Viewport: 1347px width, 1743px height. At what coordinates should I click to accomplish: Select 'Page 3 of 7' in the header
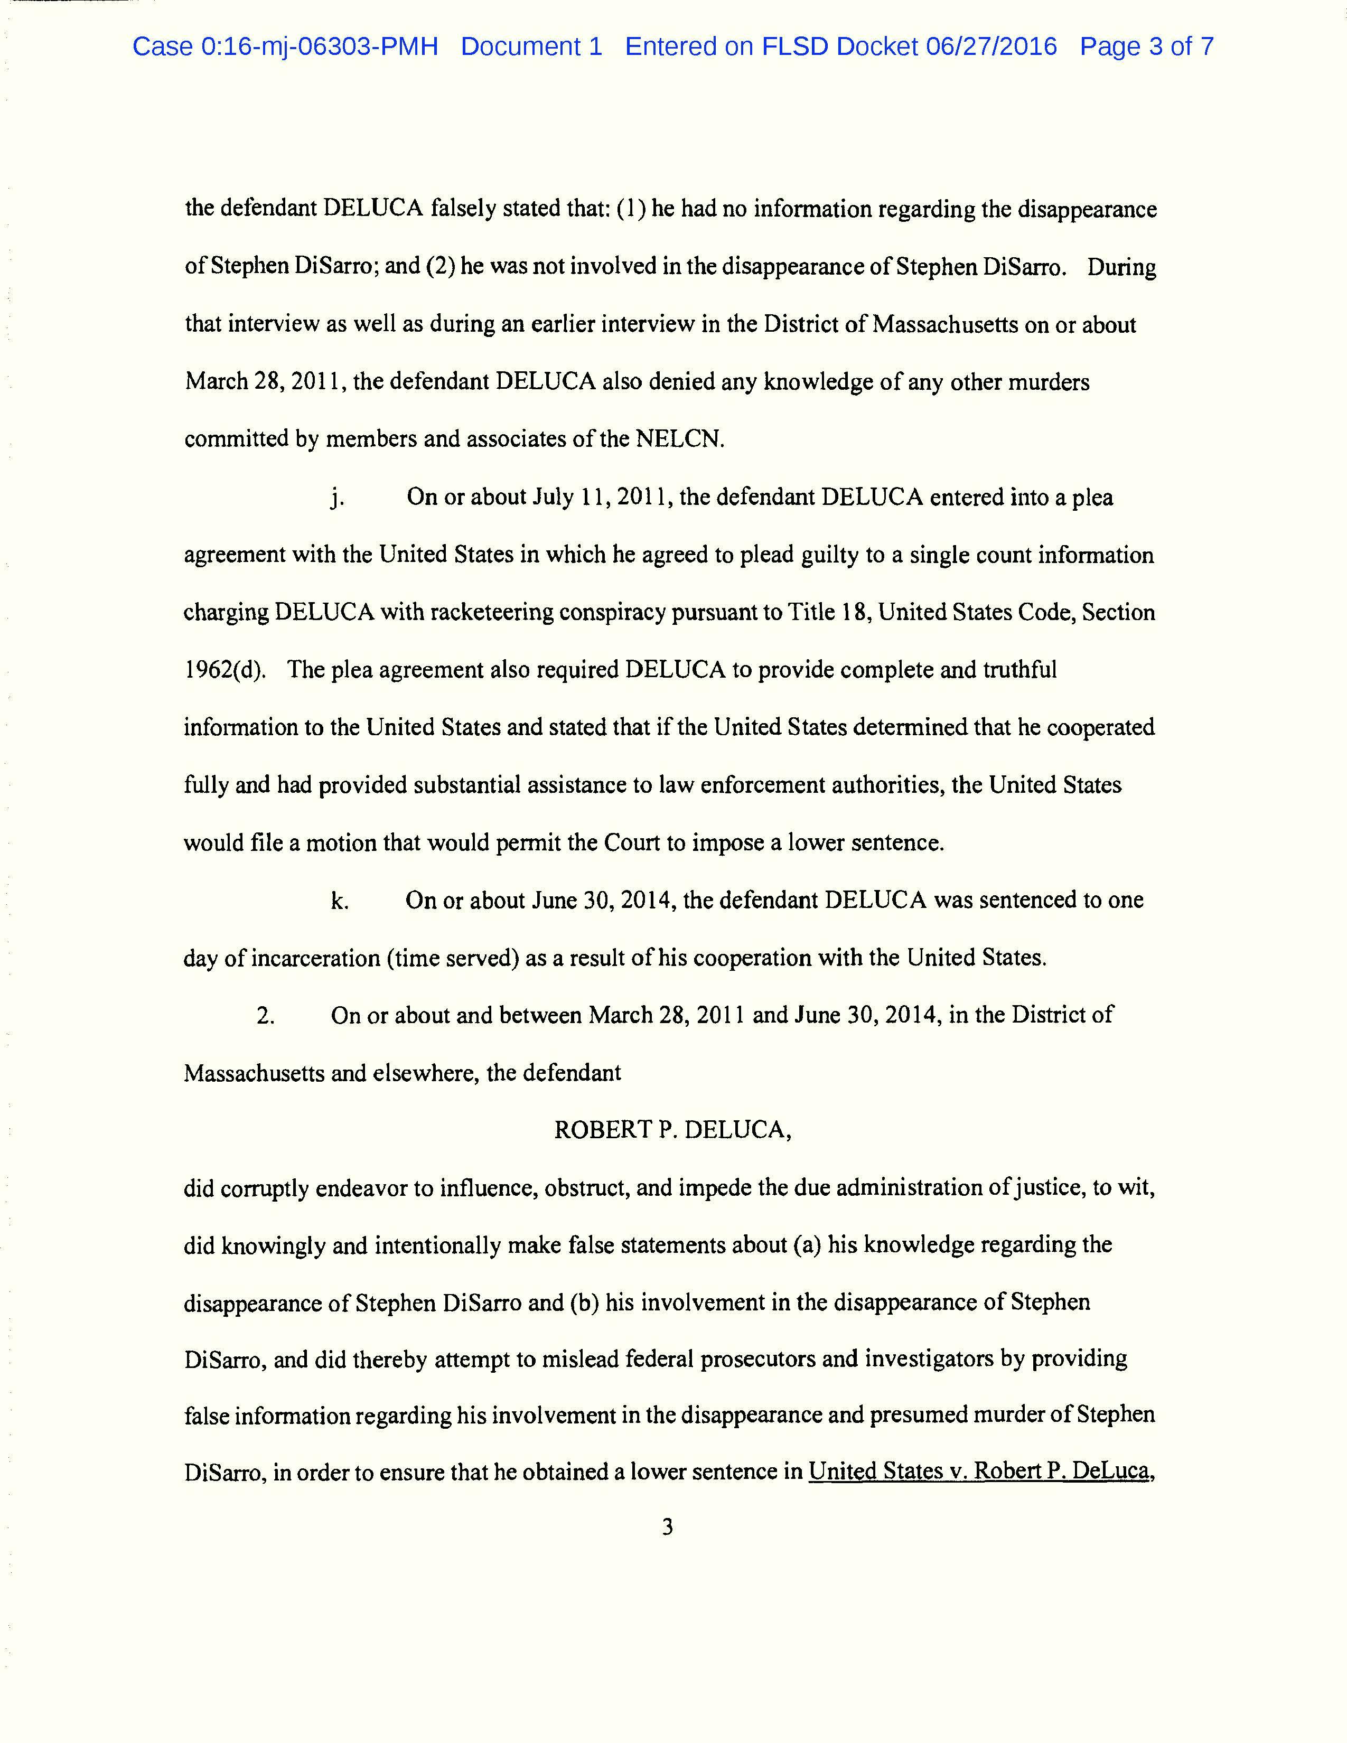[x=1147, y=46]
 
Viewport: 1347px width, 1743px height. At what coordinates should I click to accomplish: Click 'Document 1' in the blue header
[x=531, y=46]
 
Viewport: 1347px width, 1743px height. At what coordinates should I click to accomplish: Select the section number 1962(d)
[x=224, y=670]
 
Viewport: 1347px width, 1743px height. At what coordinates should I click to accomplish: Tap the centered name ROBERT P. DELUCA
[x=672, y=1130]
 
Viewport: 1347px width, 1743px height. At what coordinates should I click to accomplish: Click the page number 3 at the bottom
[x=668, y=1527]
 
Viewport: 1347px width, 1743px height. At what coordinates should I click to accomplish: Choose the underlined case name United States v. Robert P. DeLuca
[x=981, y=1471]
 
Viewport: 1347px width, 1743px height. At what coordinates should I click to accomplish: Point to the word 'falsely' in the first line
[x=463, y=209]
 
